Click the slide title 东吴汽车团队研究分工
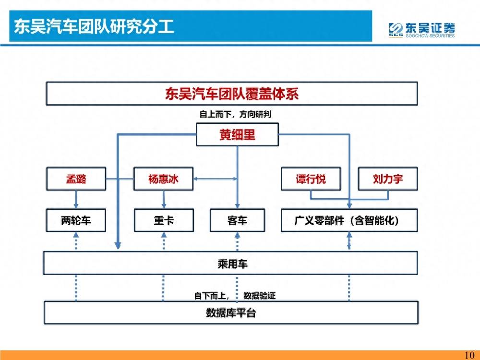click(94, 26)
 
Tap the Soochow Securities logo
click(421, 30)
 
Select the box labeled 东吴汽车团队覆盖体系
click(232, 94)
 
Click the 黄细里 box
click(237, 134)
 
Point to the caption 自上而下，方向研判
click(235, 115)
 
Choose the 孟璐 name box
click(76, 179)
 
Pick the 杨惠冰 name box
click(164, 179)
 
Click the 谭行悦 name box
click(311, 179)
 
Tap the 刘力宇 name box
click(388, 179)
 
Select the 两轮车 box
click(76, 220)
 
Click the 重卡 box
click(164, 220)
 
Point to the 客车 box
click(237, 220)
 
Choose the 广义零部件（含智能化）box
click(349, 220)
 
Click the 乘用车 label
click(232, 264)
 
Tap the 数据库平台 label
click(231, 313)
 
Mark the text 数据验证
click(260, 296)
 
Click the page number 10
click(469, 355)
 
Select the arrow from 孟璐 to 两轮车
click(76, 200)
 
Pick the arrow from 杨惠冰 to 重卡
click(164, 200)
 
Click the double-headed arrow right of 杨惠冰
click(215, 179)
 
